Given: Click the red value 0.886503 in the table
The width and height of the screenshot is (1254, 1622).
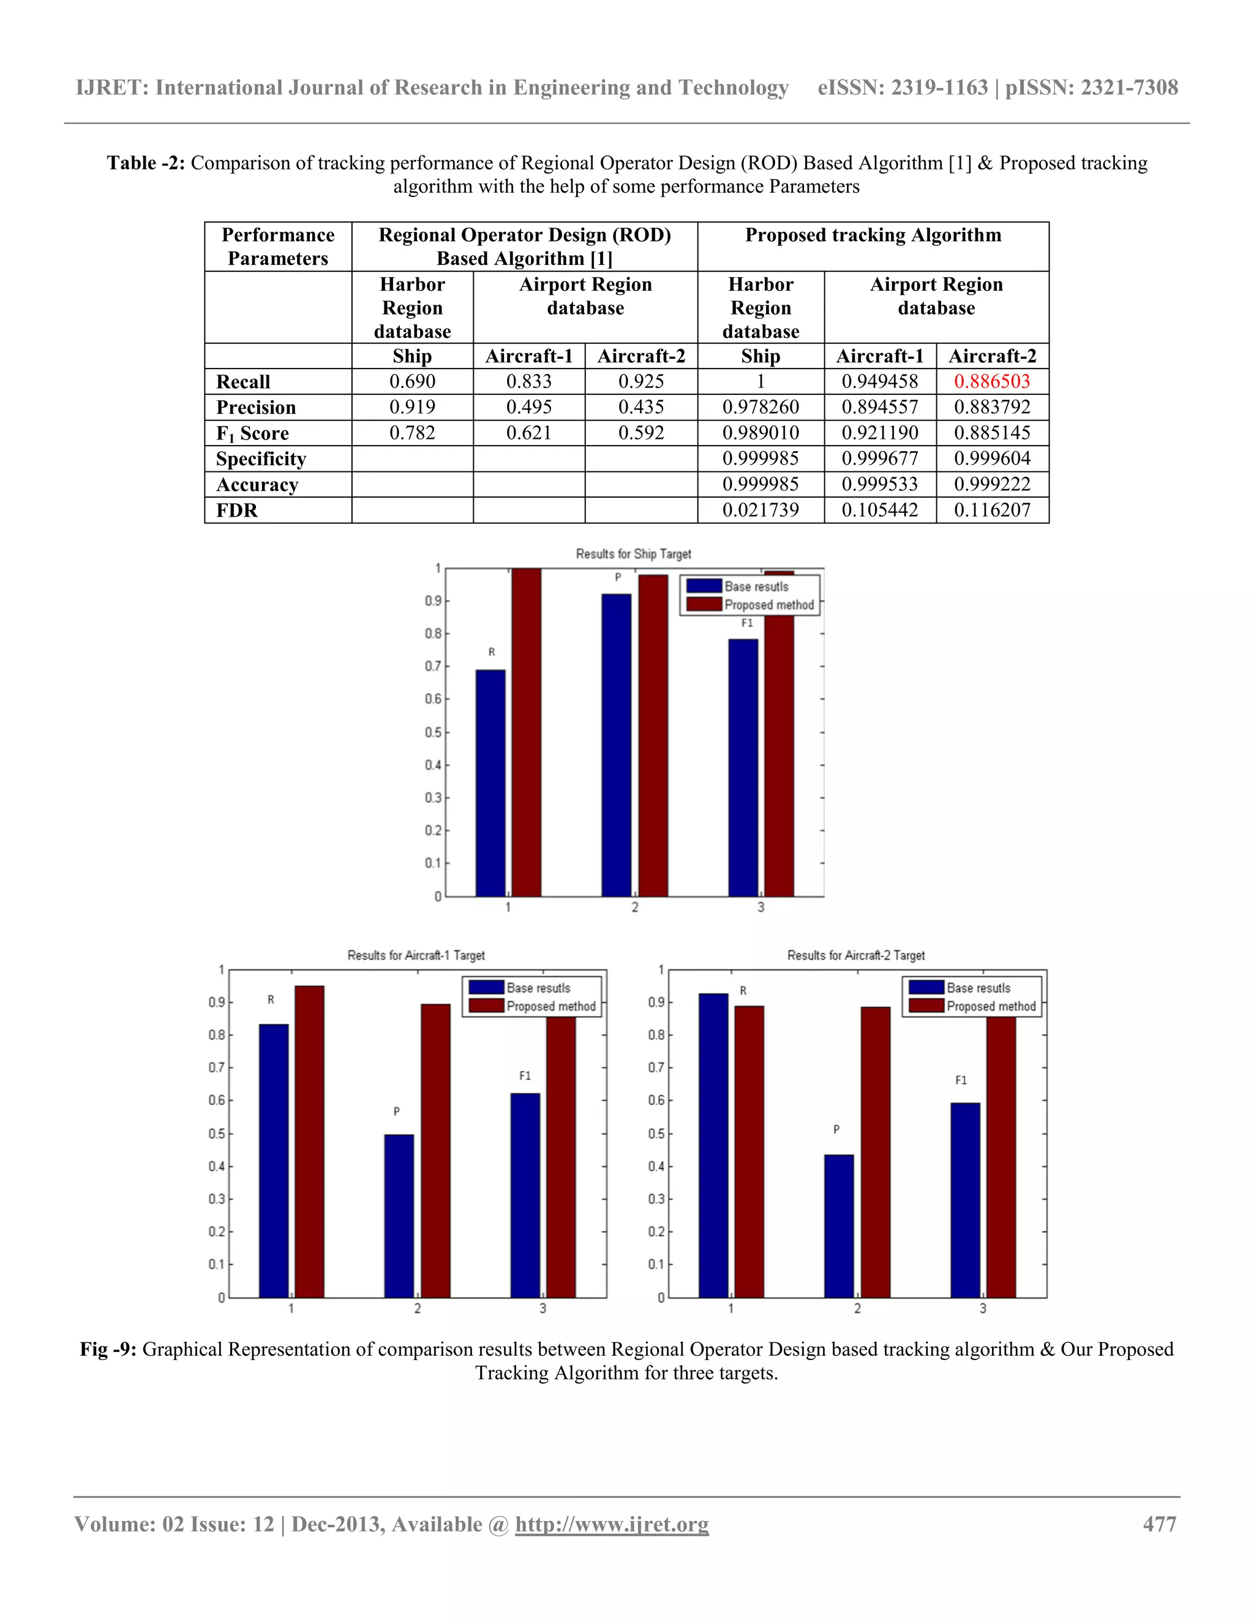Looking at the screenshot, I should coord(992,382).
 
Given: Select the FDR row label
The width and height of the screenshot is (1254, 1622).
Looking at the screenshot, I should coord(237,510).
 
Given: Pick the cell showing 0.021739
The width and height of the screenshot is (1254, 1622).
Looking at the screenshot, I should coord(760,510).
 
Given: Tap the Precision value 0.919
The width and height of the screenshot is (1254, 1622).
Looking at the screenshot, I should coord(412,407).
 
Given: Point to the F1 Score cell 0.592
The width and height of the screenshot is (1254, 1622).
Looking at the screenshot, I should coord(640,433).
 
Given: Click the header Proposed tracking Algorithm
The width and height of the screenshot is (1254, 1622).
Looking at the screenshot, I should coord(873,236).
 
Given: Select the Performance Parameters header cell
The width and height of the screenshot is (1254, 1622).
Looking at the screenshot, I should coord(278,247).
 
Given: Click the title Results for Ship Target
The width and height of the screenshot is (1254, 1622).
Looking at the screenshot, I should coord(633,554).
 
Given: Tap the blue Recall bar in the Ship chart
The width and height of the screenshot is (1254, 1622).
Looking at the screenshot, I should coord(490,783).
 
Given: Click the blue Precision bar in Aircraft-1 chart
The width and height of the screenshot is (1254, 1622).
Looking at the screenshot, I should coord(399,1216).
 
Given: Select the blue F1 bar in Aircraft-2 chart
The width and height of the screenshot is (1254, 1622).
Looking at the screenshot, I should coord(965,1200).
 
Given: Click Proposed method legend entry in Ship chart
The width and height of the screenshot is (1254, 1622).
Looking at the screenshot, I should coord(768,605).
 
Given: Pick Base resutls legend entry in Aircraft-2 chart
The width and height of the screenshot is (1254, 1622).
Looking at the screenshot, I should coord(978,988).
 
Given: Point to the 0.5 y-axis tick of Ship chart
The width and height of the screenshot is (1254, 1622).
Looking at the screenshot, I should coord(432,732).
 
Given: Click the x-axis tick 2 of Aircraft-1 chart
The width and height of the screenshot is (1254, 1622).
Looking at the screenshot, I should coord(417,1309).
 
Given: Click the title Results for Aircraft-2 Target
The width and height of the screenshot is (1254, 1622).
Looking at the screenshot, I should coord(856,956).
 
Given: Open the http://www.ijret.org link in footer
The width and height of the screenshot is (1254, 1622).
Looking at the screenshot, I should coord(612,1525).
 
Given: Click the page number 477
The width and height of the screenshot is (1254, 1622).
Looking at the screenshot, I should coord(1159,1525).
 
